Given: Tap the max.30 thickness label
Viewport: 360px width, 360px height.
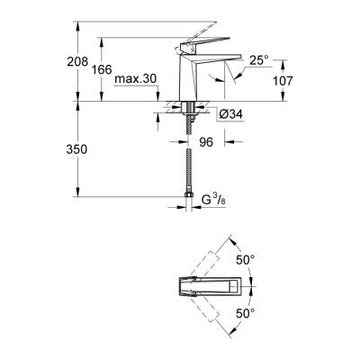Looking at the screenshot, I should [x=136, y=79].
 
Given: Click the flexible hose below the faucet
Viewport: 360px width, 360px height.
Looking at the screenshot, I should [x=188, y=162].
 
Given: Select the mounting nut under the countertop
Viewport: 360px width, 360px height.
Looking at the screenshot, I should [x=188, y=112].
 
